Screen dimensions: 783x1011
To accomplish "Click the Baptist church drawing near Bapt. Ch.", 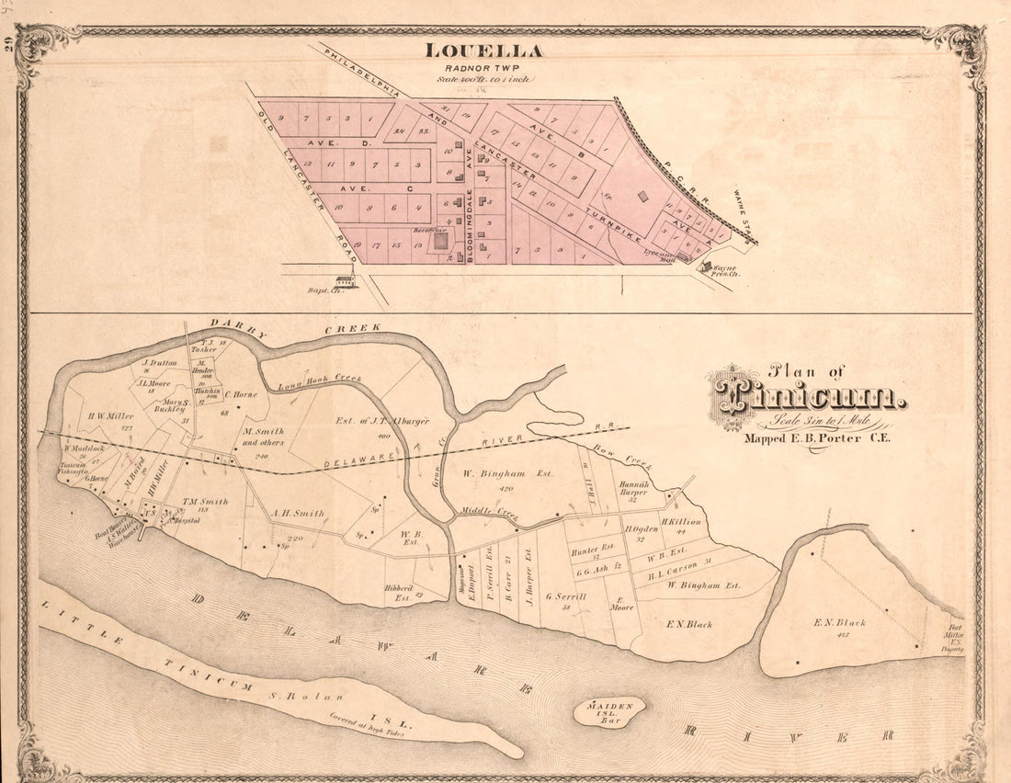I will click(346, 280).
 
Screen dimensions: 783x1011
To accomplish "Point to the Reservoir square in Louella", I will click(441, 241).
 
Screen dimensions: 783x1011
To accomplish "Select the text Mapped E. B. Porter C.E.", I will click(816, 437).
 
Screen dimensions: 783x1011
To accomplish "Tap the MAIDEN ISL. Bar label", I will click(610, 709).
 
